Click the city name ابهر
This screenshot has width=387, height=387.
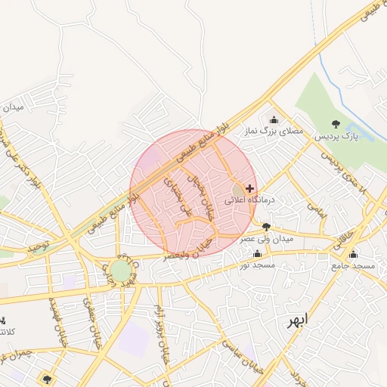[296, 320]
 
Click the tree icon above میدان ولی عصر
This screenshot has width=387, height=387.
[266, 226]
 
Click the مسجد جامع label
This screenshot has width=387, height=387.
[354, 266]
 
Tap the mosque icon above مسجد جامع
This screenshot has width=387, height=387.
[354, 254]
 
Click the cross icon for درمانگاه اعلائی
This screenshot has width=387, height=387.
[250, 188]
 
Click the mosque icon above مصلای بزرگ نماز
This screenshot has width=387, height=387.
[273, 119]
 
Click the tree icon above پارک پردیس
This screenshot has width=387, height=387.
[336, 124]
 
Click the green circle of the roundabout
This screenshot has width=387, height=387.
[120, 271]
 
